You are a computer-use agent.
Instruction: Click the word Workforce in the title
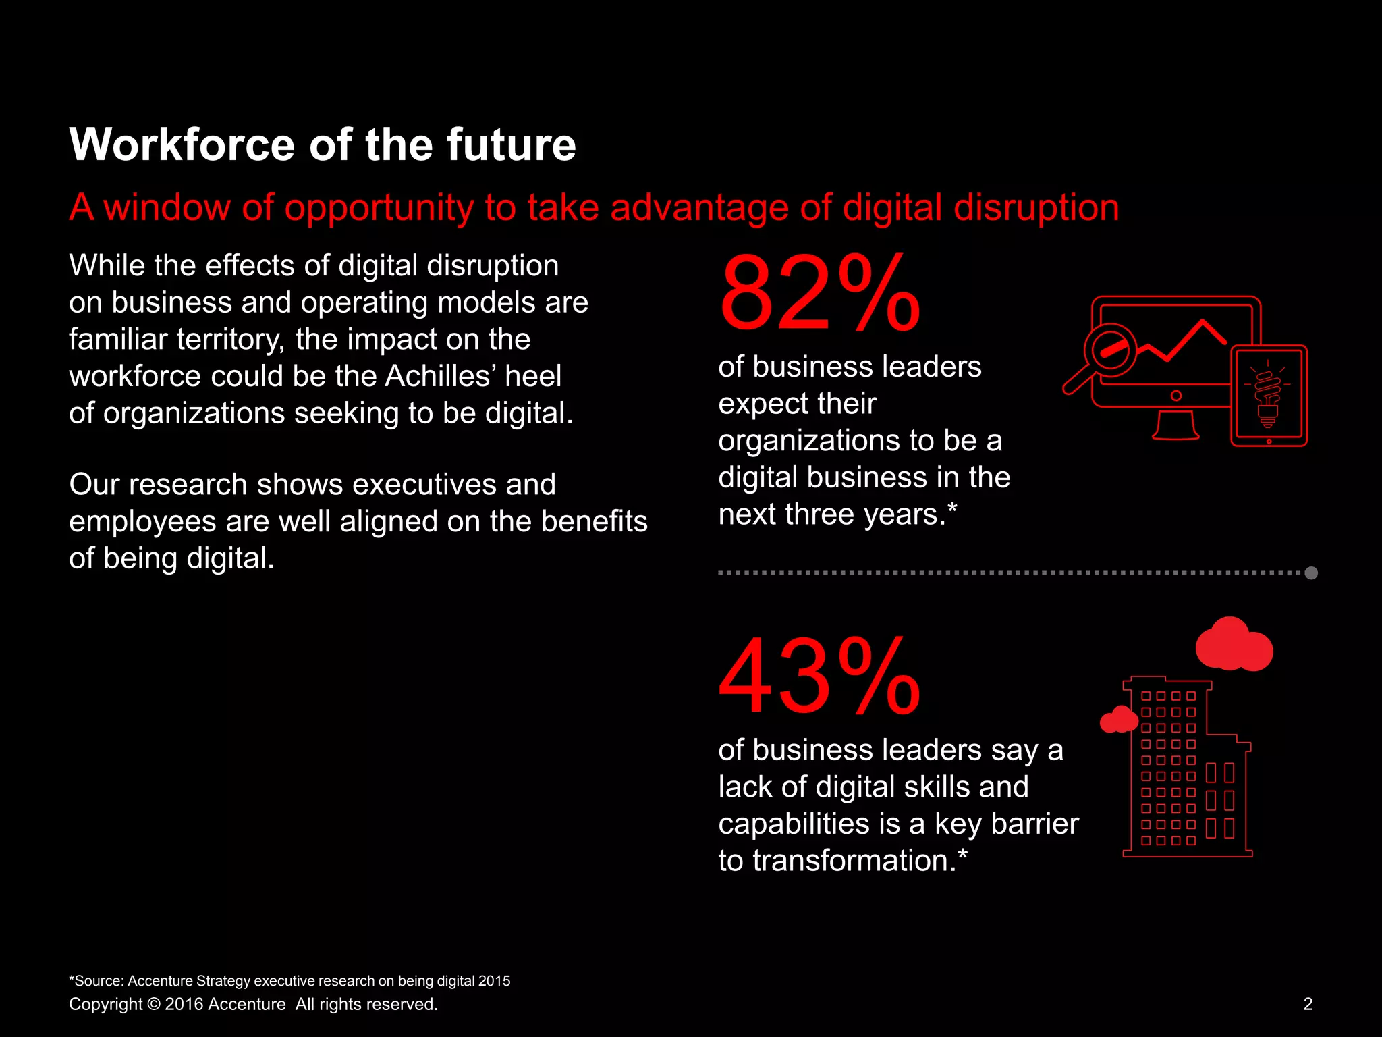(x=182, y=145)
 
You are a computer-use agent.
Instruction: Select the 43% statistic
(x=819, y=676)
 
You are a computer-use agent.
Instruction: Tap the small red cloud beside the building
(x=1119, y=720)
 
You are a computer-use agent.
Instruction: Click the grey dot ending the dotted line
(x=1311, y=573)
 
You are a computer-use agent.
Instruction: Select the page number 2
(x=1308, y=1004)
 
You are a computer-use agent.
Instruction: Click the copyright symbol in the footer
(x=153, y=1005)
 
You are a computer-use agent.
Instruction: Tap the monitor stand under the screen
(x=1176, y=426)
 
